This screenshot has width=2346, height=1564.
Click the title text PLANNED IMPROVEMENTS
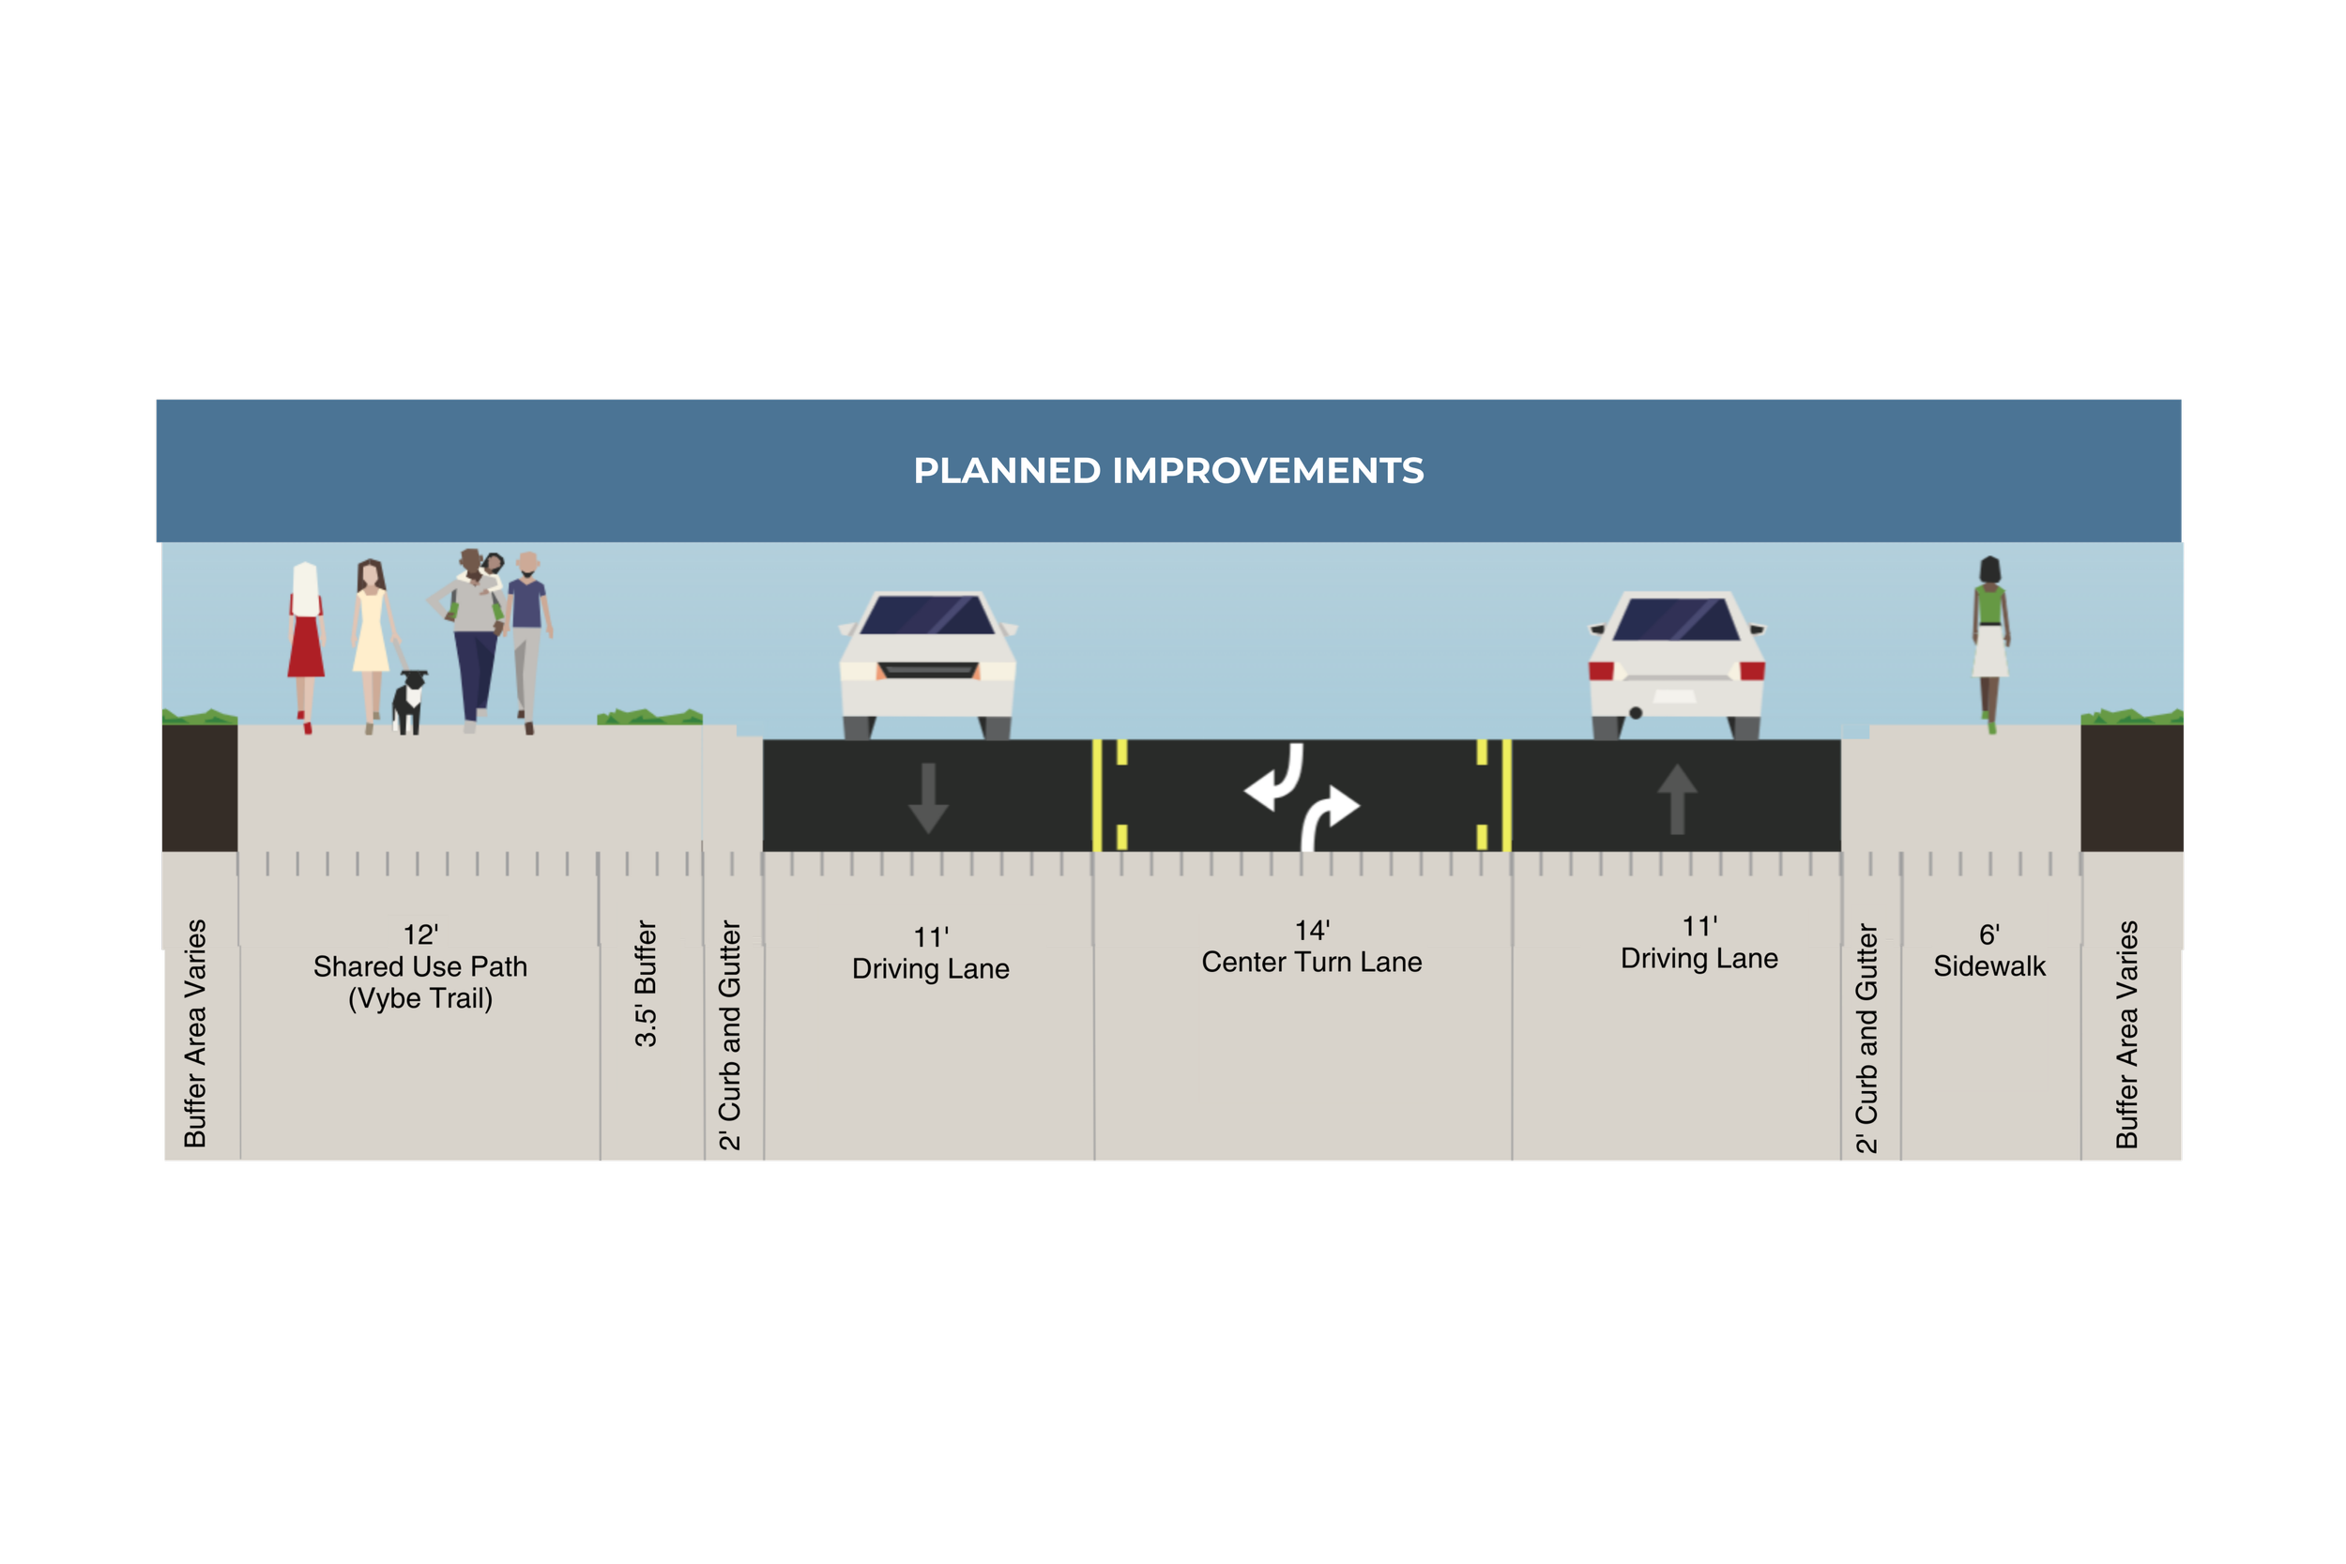click(x=1168, y=471)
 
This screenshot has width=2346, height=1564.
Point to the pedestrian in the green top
click(x=1990, y=638)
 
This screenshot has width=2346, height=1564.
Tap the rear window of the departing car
click(x=1676, y=619)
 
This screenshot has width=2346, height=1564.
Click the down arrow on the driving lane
click(x=928, y=798)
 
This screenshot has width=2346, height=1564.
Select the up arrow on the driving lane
click(x=1677, y=798)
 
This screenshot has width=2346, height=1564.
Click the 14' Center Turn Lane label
click(x=1312, y=947)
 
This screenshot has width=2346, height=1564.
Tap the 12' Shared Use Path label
click(x=419, y=965)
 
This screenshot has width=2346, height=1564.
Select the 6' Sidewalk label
click(x=1988, y=950)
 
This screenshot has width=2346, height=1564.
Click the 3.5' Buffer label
click(x=647, y=983)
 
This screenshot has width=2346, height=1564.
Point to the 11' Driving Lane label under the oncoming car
click(x=931, y=952)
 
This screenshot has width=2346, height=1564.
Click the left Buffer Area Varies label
click(x=195, y=1032)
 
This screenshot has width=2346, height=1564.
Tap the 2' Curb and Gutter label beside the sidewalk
click(x=1866, y=1038)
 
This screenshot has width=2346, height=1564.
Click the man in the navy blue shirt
click(x=526, y=638)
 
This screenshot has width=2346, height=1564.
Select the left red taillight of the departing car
click(x=1601, y=670)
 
